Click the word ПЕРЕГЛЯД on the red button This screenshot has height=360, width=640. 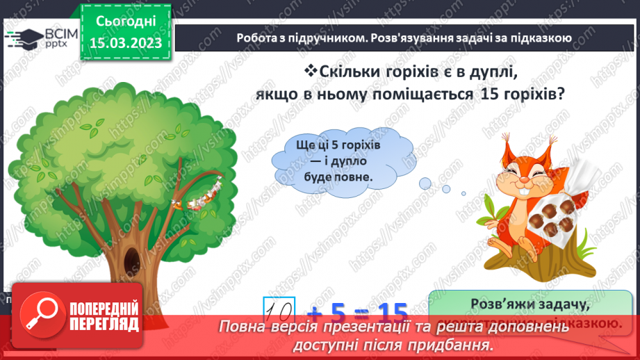coord(105,324)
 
